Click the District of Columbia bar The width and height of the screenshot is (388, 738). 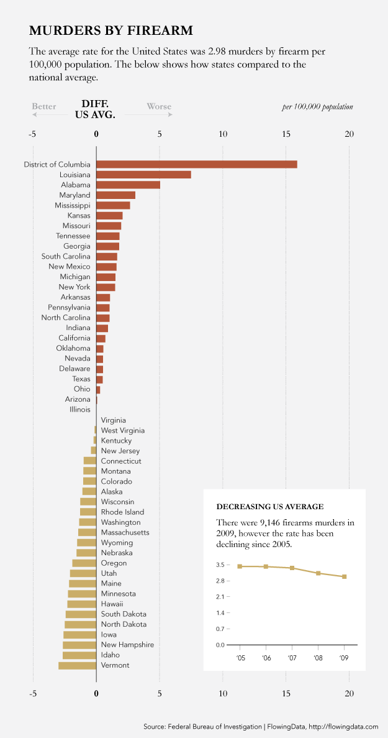196,164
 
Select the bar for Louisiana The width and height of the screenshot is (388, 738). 143,175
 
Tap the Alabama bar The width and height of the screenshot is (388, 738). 128,185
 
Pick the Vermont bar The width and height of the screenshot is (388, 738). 78,665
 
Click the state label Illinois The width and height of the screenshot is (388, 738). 80,410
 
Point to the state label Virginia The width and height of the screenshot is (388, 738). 113,420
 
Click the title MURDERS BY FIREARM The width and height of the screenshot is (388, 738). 111,30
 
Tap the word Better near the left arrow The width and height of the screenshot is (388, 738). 44,106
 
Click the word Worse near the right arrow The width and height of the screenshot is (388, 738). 159,106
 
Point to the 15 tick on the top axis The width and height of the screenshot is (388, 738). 286,134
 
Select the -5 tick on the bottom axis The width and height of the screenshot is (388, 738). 33,694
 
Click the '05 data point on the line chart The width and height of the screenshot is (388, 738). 240,566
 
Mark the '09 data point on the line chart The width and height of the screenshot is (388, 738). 344,576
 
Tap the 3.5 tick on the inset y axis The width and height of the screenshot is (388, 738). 220,565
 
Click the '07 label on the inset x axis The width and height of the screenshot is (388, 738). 292,657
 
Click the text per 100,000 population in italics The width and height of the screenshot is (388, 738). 317,107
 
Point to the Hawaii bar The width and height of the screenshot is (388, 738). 82,604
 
